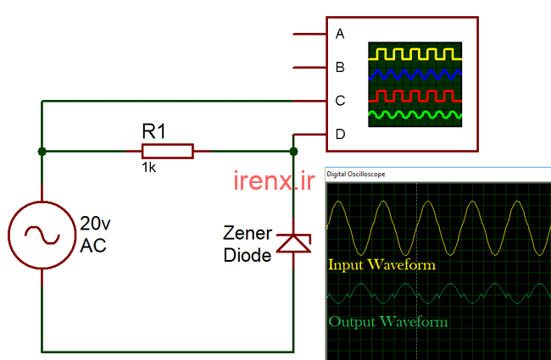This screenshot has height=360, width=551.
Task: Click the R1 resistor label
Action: (x=153, y=131)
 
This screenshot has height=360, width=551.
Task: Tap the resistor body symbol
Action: (x=167, y=152)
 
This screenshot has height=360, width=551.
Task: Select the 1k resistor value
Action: (x=148, y=169)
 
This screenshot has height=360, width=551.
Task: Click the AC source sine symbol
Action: (x=42, y=234)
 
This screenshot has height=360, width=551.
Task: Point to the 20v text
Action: (x=95, y=224)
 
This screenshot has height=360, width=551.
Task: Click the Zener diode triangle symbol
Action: (x=293, y=244)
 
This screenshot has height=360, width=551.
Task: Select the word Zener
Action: (x=247, y=233)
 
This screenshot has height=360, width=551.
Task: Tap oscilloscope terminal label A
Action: (x=340, y=34)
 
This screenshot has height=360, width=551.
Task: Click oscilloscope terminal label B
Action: (x=340, y=67)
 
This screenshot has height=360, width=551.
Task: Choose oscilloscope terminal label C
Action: (x=340, y=101)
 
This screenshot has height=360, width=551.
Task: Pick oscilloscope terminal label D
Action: (x=340, y=134)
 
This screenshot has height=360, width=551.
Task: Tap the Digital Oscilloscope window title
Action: (x=356, y=174)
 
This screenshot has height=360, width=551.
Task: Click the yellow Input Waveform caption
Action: (x=381, y=265)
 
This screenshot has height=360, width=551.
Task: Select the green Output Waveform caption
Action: (x=387, y=322)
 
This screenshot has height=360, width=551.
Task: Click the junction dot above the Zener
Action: (x=293, y=152)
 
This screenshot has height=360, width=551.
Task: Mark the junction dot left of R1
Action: (x=42, y=152)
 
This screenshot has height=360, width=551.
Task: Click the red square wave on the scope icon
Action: (x=415, y=94)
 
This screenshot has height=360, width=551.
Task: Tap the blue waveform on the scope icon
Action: (x=415, y=75)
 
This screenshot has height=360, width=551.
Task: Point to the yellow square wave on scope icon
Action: (x=415, y=53)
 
